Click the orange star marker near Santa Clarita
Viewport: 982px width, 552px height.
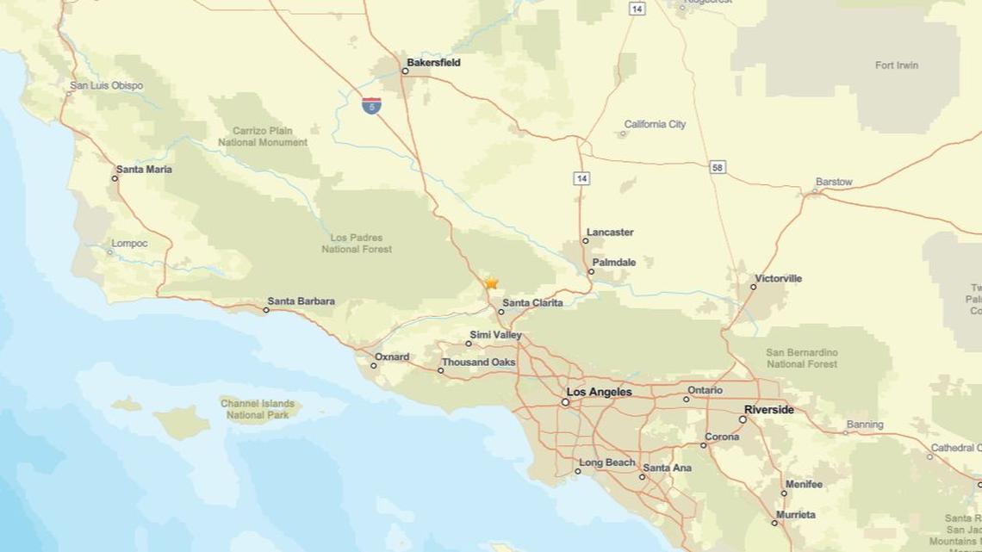coord(491,282)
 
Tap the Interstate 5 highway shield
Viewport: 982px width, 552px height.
coord(371,106)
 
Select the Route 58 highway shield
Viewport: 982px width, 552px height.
coord(718,167)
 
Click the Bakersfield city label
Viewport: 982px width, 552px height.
coord(433,63)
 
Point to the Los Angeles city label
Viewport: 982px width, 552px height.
coord(599,392)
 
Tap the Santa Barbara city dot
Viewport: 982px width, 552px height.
coord(266,310)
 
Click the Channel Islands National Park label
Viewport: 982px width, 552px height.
coord(258,409)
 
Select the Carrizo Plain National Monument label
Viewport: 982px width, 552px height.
coord(263,136)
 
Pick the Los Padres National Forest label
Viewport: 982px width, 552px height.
coord(357,243)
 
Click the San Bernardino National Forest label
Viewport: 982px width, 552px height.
coord(802,358)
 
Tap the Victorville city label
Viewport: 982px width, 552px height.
coord(778,278)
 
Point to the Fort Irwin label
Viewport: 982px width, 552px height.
coord(897,65)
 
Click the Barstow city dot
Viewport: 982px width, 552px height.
coord(815,191)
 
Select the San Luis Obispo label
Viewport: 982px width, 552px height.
coord(107,85)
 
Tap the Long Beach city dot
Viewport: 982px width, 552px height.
coord(578,471)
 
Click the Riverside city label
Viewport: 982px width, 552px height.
coord(769,409)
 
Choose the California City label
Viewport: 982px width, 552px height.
coord(655,124)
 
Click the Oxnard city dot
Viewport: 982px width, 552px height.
coord(373,366)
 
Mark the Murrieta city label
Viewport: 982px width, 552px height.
coord(795,514)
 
